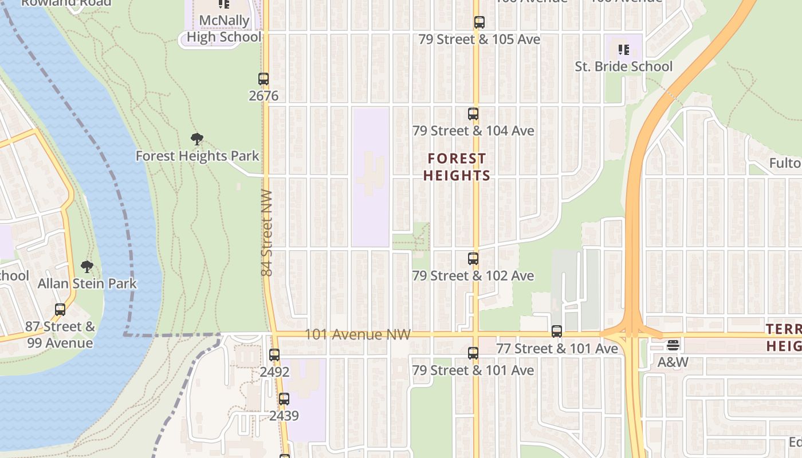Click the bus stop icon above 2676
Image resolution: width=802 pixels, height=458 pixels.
[x=264, y=79]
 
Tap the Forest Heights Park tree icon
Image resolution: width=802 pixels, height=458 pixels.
[x=197, y=139]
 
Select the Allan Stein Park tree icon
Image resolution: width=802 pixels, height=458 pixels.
[x=87, y=267]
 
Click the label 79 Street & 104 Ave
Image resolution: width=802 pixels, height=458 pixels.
[x=473, y=131]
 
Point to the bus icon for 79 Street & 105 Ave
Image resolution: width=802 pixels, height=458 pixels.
[x=479, y=22]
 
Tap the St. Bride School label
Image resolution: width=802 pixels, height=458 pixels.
[x=623, y=66]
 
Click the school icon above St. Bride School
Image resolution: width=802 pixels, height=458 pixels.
[x=623, y=50]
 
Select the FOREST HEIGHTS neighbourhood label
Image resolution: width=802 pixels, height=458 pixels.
[x=457, y=167]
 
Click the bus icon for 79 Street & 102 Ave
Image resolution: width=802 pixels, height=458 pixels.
[x=473, y=259]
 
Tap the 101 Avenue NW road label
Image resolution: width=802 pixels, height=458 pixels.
[x=357, y=334]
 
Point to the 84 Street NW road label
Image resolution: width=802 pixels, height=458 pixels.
[x=267, y=233]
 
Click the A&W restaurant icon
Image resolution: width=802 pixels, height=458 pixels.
[x=673, y=346]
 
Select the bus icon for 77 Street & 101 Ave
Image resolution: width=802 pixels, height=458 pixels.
[x=556, y=331]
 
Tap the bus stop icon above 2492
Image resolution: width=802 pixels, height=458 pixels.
[x=274, y=355]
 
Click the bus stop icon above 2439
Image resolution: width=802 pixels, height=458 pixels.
[x=284, y=399]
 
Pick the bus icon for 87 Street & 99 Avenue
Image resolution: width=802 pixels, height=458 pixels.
[x=60, y=310]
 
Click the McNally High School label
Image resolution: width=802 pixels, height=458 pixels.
[x=224, y=29]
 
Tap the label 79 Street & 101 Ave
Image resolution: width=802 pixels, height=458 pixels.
[x=473, y=370]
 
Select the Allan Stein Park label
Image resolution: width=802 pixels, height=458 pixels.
[x=87, y=283]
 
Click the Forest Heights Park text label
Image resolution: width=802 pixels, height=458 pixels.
[x=197, y=156]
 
